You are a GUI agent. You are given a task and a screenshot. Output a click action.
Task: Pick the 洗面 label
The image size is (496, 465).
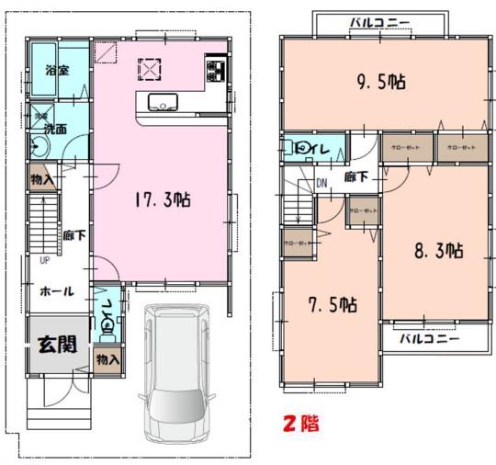pyautogui.click(x=54, y=130)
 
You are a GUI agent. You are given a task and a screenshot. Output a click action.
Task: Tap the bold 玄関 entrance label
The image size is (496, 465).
pyautogui.click(x=56, y=346)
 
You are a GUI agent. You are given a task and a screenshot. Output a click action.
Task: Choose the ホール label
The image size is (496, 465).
pyautogui.click(x=56, y=291)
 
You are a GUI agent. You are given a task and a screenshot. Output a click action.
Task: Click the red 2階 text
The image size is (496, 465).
pyautogui.click(x=298, y=425)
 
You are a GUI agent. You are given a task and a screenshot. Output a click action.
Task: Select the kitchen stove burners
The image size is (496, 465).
pyautogui.click(x=217, y=70)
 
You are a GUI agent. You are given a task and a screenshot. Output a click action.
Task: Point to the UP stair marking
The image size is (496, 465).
pyautogui.click(x=43, y=259)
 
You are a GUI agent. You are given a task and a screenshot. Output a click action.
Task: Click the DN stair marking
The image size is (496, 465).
pyautogui.click(x=321, y=182)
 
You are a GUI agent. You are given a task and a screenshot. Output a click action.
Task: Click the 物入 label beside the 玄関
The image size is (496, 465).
pyautogui.click(x=107, y=357)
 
